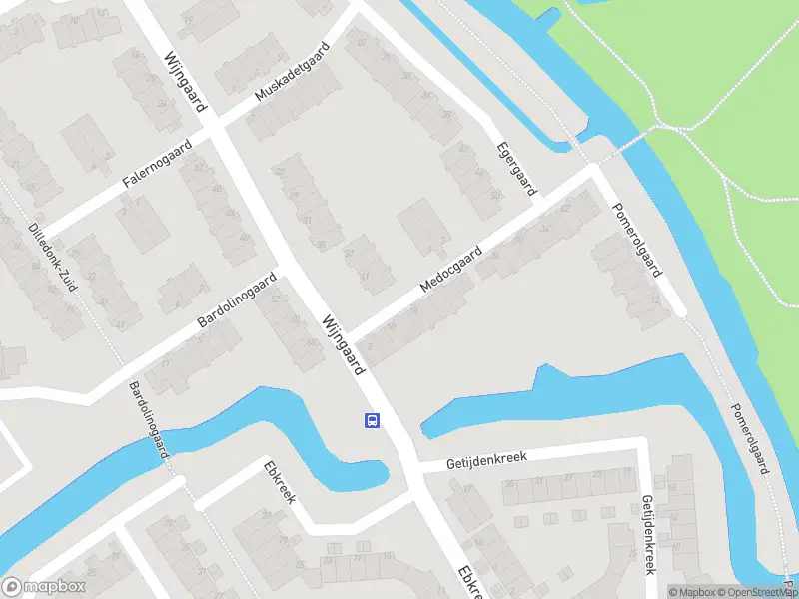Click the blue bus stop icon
[x=372, y=420]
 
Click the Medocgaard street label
[x=451, y=270]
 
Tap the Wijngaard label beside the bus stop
[x=343, y=345]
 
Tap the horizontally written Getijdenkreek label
[x=486, y=457]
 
